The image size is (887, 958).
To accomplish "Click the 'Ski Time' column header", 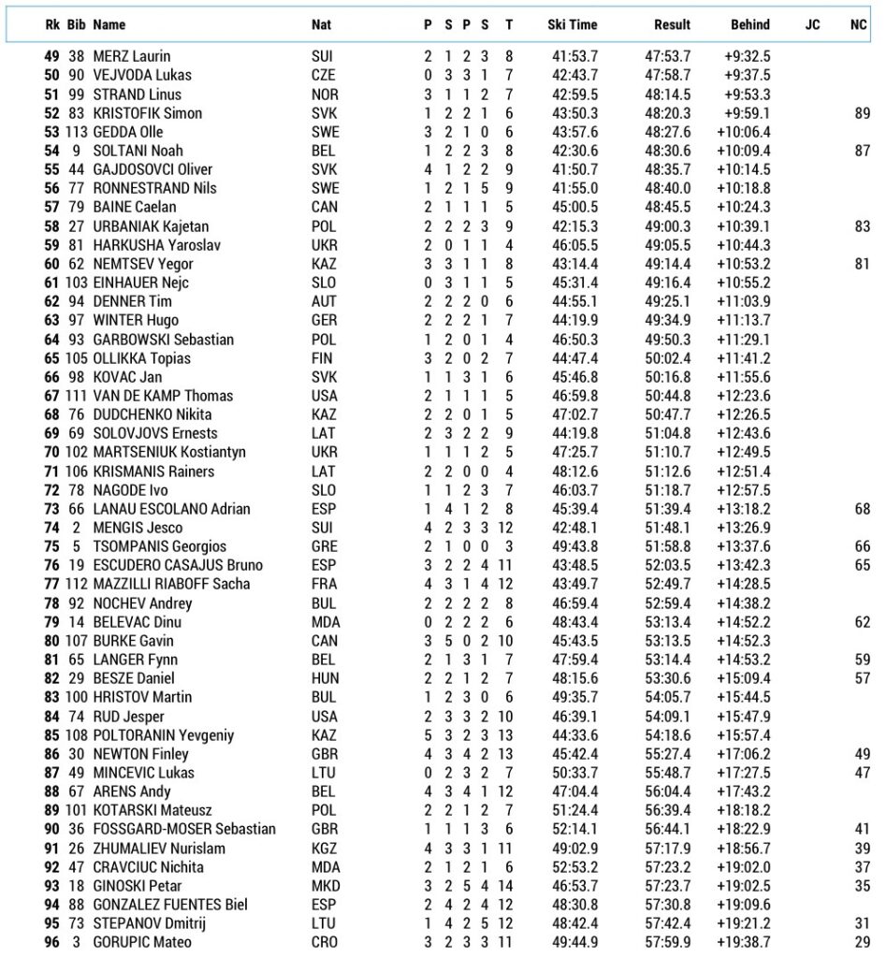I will [x=572, y=25].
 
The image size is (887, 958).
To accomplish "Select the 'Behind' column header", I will [x=750, y=25].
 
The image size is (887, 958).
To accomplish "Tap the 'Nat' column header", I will [x=321, y=25].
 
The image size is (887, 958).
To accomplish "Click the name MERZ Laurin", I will [x=131, y=56].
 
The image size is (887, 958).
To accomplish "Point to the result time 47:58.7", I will [x=668, y=75].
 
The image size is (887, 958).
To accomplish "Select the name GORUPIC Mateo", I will [x=138, y=942].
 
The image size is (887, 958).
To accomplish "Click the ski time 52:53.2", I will [x=575, y=866].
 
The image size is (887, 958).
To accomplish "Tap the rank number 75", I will [x=51, y=546].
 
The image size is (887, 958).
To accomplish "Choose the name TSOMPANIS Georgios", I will [x=159, y=546].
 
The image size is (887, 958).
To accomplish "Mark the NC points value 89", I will [x=862, y=113].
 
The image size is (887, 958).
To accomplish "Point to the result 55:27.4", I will [x=668, y=753].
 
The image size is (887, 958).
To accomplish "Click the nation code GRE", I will [x=323, y=546].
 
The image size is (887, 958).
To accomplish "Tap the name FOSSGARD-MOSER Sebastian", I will [x=184, y=829].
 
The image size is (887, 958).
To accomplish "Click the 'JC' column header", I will [x=812, y=25].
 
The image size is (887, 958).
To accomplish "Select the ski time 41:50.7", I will [x=575, y=169].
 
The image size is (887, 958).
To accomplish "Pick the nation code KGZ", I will [x=323, y=848].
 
